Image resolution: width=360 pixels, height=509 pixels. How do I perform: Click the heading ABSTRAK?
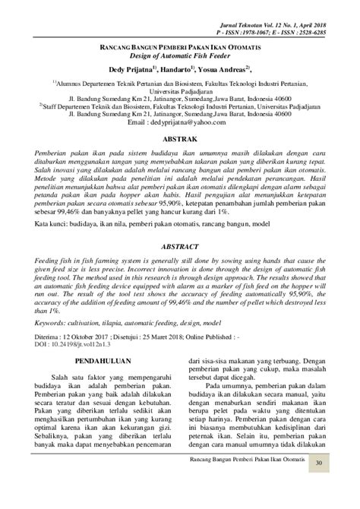[179, 140]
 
